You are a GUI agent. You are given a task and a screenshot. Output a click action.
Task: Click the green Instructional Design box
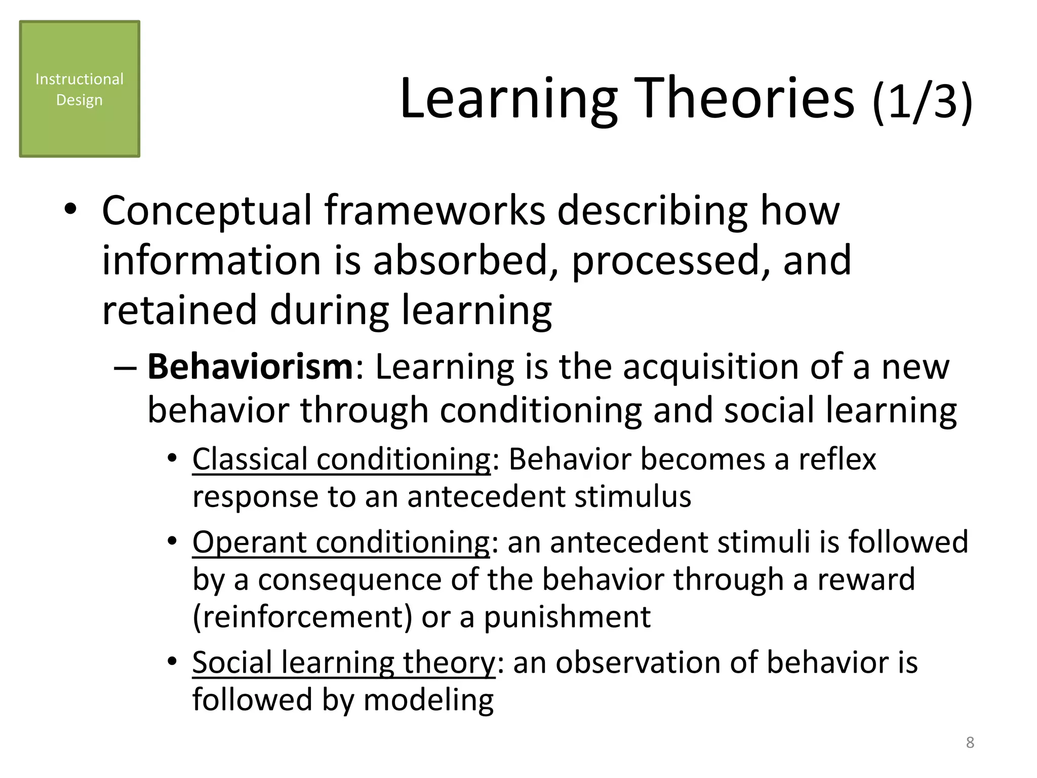point(79,89)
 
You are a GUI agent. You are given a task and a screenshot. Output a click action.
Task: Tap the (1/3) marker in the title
point(922,101)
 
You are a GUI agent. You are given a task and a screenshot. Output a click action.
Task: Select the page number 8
point(970,743)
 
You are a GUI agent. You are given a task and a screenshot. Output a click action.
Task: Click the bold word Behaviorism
point(250,367)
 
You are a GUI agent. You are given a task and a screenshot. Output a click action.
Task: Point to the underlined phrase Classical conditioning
point(341,459)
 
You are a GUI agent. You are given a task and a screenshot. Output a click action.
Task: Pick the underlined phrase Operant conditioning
point(341,542)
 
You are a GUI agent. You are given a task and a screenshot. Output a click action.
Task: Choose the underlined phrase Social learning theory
point(344,663)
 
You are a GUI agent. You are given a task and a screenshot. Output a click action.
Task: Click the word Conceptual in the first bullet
point(207,212)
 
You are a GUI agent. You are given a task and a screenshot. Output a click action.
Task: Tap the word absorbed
point(461,261)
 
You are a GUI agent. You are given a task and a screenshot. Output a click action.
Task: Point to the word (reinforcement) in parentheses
point(302,617)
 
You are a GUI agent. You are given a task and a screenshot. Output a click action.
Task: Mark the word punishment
point(567,617)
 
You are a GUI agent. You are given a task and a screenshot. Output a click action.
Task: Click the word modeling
point(428,700)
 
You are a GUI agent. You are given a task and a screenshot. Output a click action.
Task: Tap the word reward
point(866,579)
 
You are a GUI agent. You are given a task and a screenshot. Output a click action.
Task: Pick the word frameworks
point(434,212)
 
